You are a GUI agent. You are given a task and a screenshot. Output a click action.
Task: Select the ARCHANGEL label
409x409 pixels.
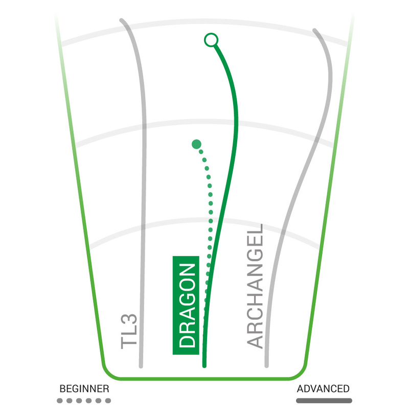tap(254, 286)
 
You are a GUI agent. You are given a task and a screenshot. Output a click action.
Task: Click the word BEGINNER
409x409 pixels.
tap(84, 389)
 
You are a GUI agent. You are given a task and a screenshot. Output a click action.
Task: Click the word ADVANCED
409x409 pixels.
tap(324, 389)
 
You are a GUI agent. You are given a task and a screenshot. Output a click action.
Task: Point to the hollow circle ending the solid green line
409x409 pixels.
tap(210, 39)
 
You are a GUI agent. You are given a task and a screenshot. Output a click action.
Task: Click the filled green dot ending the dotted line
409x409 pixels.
tap(196, 144)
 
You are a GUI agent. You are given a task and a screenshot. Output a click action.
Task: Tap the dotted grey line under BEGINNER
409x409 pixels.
tap(84, 401)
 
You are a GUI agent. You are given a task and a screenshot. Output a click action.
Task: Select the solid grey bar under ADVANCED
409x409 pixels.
tap(324, 401)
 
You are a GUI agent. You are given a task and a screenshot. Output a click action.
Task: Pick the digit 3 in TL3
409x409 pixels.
tap(130, 320)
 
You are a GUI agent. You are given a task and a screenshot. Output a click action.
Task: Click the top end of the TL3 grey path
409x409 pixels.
tap(122, 21)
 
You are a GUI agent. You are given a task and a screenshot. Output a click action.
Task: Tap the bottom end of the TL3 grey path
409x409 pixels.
tap(141, 366)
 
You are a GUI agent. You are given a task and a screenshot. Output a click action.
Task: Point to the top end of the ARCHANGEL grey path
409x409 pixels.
tap(315, 31)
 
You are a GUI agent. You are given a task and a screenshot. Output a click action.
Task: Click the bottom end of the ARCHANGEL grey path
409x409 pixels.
tap(266, 365)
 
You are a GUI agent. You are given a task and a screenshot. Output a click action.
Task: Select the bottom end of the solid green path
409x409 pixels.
tap(204, 365)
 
